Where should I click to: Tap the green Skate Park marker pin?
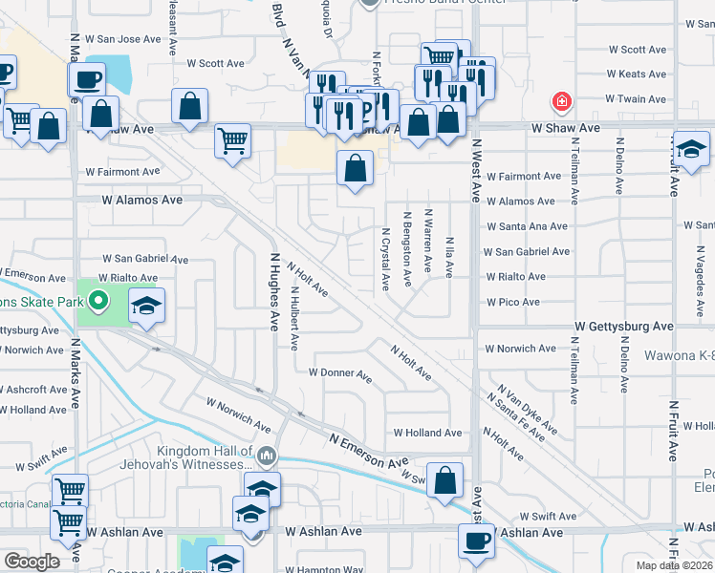click(97, 303)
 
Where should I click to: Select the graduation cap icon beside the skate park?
click(146, 306)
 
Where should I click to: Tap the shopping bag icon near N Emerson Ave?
click(445, 479)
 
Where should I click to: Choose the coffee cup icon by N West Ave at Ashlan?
click(477, 541)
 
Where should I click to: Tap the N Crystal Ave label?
click(385, 258)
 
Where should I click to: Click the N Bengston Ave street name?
click(407, 248)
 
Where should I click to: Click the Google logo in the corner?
click(32, 562)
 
